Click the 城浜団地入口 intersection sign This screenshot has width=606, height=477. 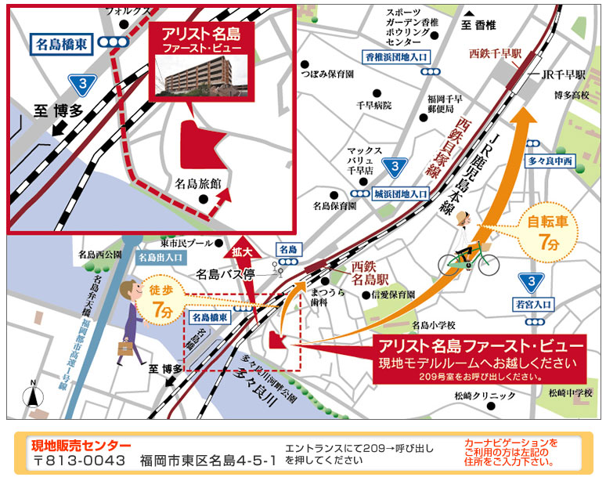(x=401, y=192)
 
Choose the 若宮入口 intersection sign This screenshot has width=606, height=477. (x=532, y=304)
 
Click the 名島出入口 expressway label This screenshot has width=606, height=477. (x=161, y=256)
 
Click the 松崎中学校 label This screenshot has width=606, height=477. (x=567, y=392)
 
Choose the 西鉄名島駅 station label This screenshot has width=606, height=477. (x=370, y=271)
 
